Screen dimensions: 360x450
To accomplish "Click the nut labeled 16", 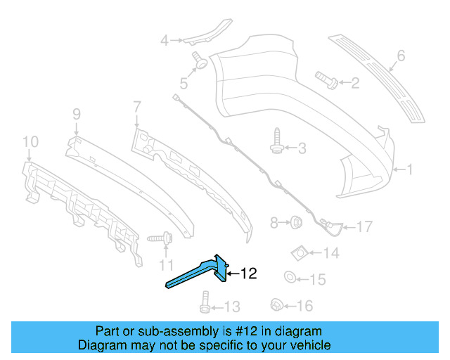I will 277,305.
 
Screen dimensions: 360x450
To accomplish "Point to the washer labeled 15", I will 290,280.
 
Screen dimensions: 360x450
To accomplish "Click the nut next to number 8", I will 296,224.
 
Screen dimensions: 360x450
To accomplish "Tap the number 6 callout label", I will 401,55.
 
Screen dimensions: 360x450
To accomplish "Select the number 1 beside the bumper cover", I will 411,169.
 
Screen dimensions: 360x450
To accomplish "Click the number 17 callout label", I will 364,226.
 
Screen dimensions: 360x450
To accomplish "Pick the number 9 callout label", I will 77,113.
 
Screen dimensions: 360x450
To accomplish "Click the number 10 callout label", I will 29,143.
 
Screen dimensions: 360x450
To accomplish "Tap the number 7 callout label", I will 136,106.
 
